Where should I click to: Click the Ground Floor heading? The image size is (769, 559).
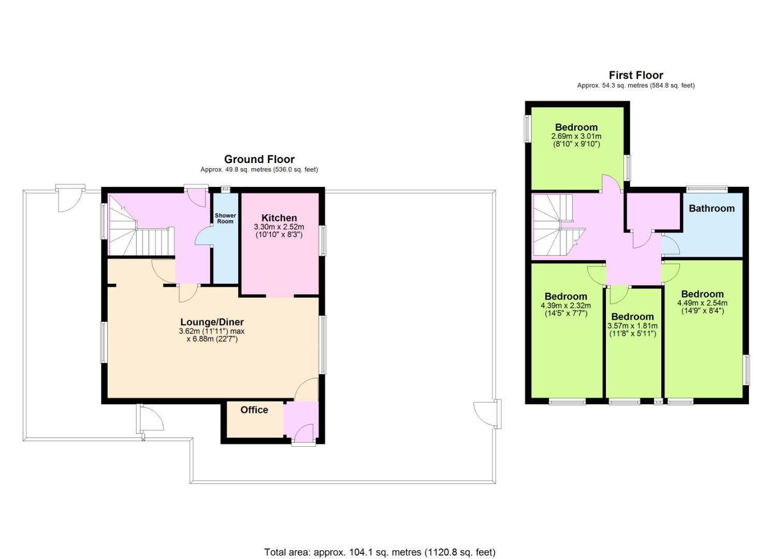259,159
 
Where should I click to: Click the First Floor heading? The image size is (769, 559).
636,75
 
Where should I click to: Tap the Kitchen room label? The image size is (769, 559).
279,218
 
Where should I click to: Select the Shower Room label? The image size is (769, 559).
225,218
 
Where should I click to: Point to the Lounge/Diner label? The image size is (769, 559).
212,322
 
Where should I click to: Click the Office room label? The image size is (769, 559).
254,410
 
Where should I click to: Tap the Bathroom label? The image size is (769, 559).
712,208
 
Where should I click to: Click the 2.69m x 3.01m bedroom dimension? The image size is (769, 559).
576,136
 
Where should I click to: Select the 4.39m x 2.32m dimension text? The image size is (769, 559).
566,305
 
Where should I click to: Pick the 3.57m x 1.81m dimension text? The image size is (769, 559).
633,326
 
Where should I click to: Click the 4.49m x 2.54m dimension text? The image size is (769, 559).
702,303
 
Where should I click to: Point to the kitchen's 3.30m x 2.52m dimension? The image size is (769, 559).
279,227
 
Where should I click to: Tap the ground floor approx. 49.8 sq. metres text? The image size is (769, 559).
259,170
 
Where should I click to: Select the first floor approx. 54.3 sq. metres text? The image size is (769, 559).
636,85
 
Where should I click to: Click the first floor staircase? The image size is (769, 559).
558,225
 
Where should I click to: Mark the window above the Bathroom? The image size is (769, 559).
707,188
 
